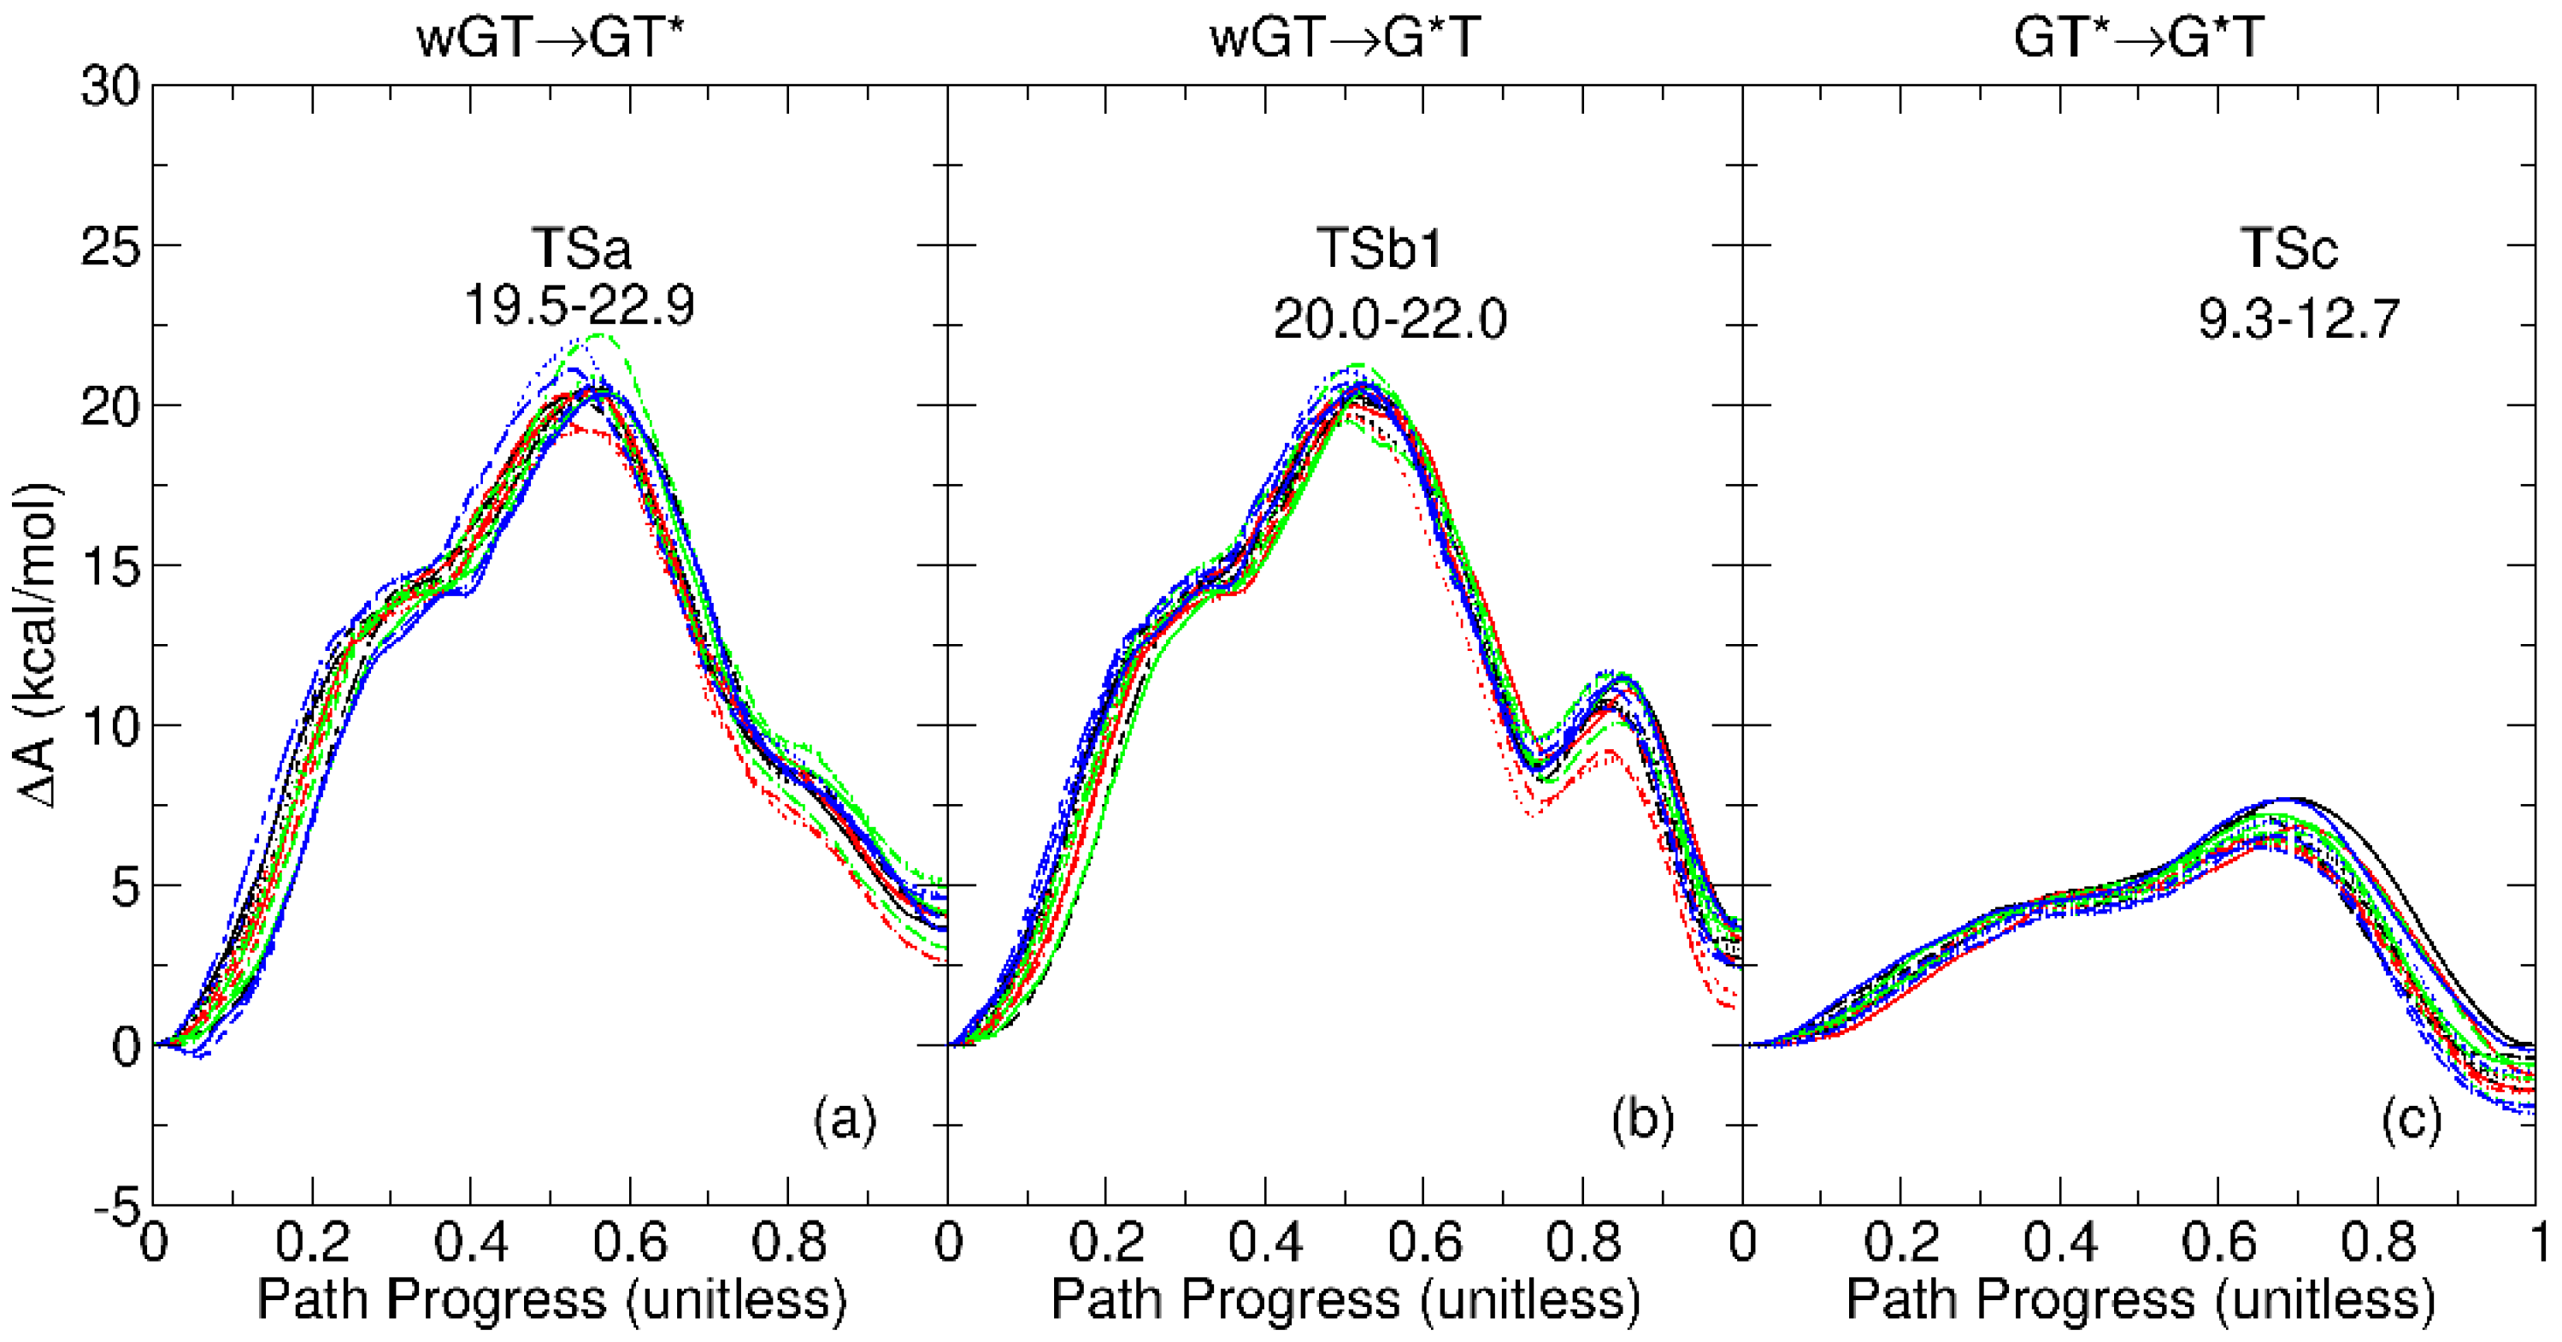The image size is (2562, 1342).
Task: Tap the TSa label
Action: click(580, 248)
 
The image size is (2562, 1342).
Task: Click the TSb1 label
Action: click(1380, 248)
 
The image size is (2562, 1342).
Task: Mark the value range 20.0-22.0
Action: click(1389, 319)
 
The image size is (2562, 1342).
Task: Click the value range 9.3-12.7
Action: click(2299, 319)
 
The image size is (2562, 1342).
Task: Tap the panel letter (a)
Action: click(845, 1120)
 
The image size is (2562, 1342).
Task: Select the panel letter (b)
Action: click(1642, 1120)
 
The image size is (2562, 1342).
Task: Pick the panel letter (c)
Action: click(2411, 1120)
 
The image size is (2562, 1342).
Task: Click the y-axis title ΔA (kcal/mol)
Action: click(38, 647)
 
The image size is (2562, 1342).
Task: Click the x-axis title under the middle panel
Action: click(1345, 1299)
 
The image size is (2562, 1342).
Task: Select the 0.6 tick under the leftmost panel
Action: click(629, 1243)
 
